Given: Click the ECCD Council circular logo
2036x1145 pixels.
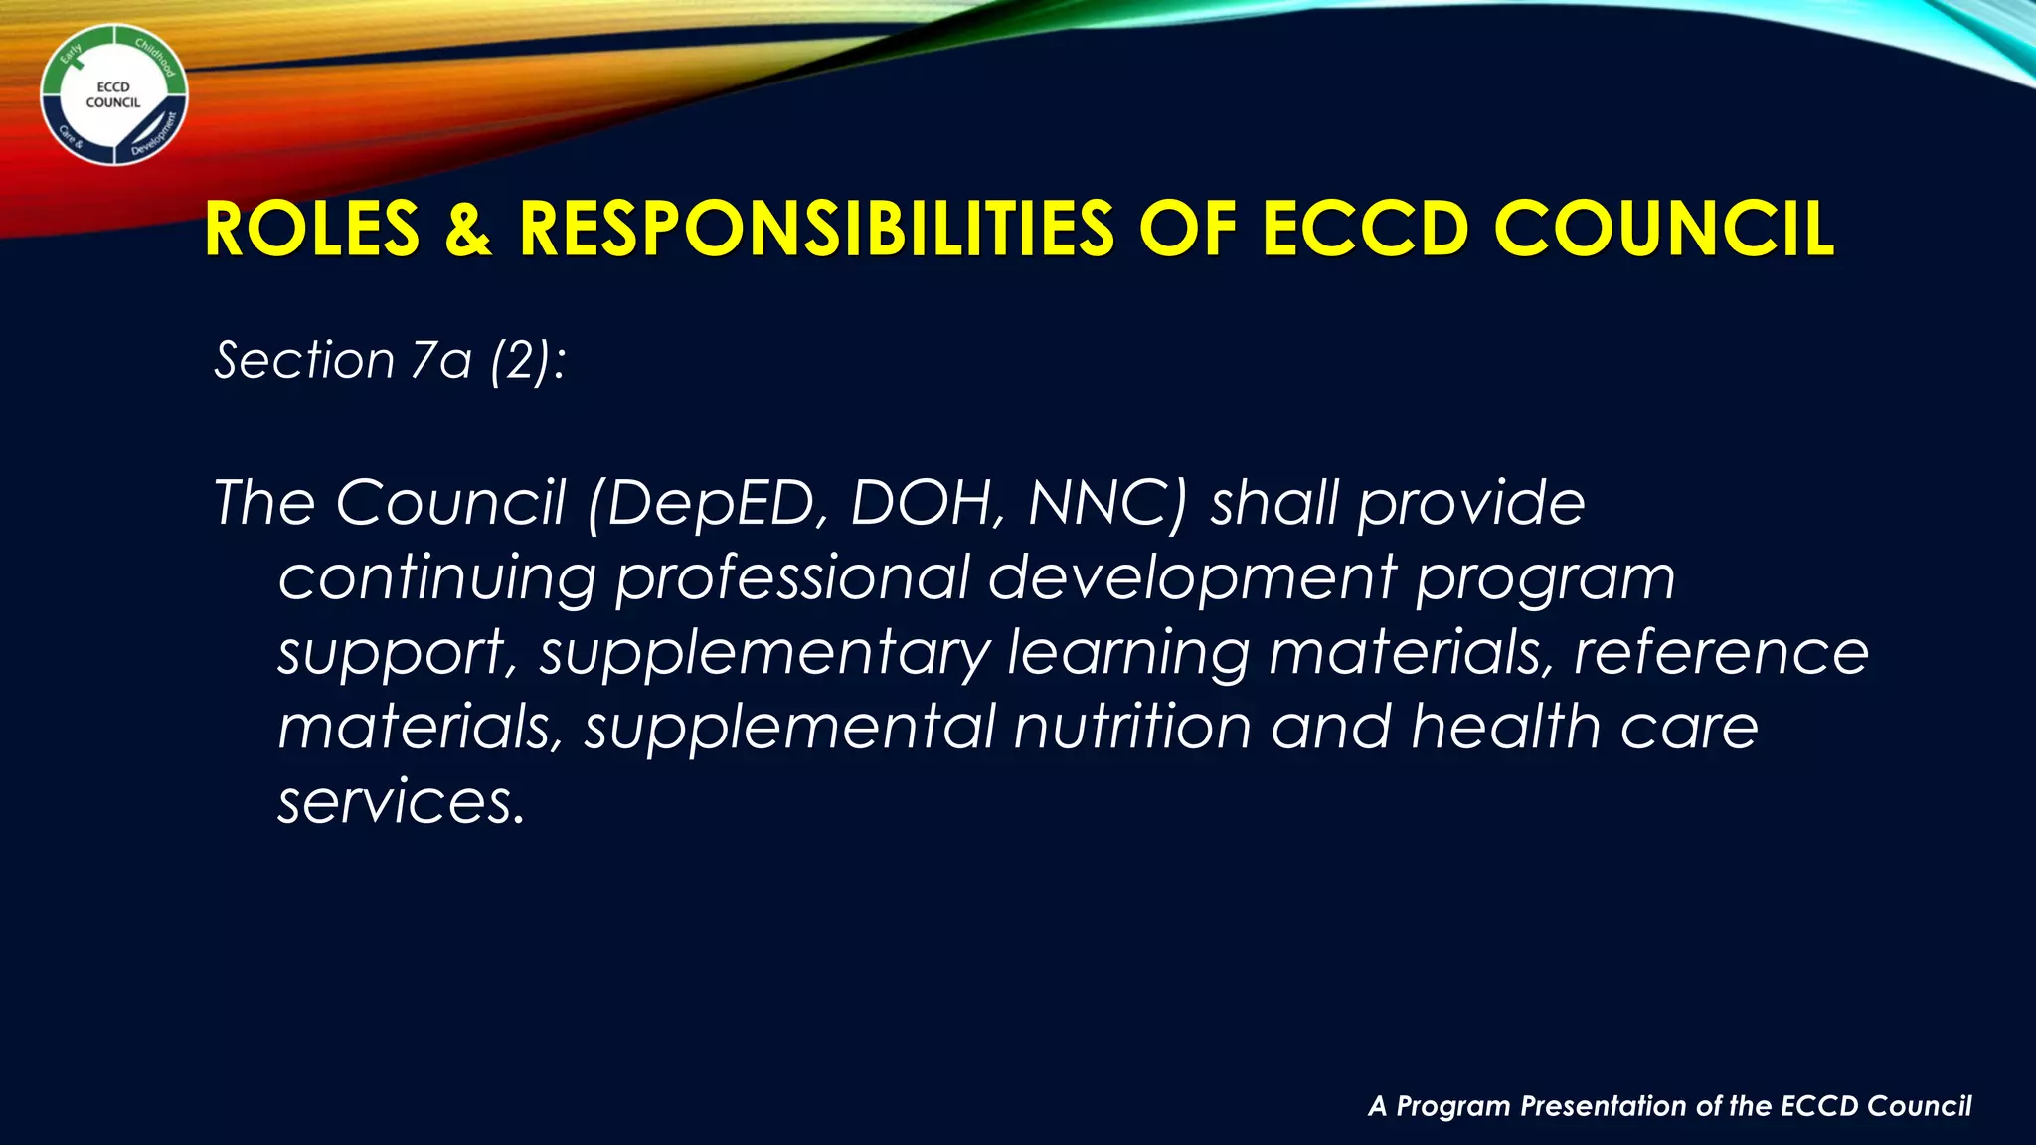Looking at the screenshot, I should click(x=113, y=95).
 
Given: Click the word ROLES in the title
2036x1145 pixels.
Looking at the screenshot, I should click(x=312, y=230).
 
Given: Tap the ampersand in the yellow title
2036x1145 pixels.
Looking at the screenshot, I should click(x=468, y=230).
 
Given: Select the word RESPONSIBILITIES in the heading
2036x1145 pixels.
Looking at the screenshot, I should click(x=816, y=230).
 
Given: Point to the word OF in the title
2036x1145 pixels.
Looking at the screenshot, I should click(x=1188, y=230).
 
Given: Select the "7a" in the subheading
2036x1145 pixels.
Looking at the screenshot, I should click(x=441, y=360).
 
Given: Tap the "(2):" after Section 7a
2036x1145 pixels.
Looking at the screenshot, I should click(x=528, y=360).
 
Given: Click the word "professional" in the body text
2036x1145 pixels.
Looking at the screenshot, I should click(x=792, y=578).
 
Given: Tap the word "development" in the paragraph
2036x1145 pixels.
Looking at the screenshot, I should click(x=1192, y=578).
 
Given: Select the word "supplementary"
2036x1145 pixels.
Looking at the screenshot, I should click(x=765, y=654).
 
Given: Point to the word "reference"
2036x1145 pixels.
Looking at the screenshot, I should click(x=1721, y=653).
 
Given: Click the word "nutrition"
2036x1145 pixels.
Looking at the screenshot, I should click(x=1132, y=728).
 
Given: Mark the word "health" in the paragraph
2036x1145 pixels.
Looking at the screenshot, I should click(x=1506, y=728).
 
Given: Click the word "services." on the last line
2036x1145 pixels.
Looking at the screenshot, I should click(x=401, y=802).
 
